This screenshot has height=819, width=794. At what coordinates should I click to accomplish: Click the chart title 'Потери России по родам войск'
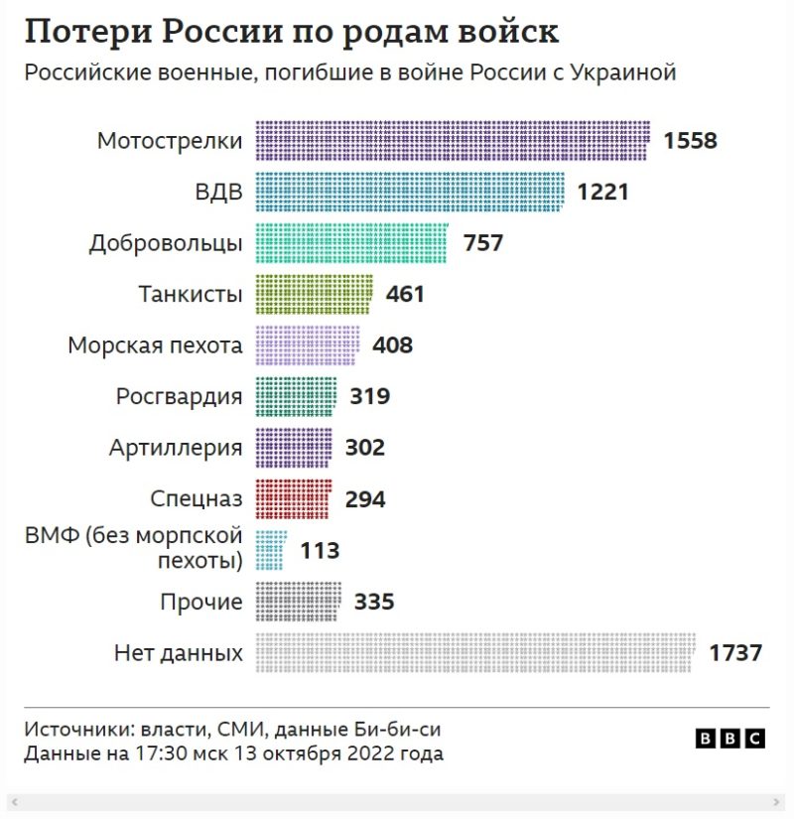tap(291, 32)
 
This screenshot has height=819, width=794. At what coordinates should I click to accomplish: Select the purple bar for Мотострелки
tap(453, 140)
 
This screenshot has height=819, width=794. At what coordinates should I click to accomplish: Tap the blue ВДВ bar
tap(410, 192)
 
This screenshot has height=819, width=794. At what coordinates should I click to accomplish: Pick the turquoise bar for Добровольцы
tap(351, 243)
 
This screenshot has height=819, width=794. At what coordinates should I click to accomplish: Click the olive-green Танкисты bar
tap(315, 294)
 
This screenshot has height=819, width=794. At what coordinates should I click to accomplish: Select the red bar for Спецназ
tap(294, 499)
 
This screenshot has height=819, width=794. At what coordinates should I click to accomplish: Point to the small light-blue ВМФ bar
tap(271, 550)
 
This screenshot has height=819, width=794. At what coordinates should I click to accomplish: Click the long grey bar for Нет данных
tap(475, 653)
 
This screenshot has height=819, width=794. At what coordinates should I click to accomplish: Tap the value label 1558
tap(690, 141)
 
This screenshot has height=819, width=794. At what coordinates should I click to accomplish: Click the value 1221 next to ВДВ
tap(603, 192)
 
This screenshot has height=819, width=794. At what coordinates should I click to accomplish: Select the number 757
tap(483, 243)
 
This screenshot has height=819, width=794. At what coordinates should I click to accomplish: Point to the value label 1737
tap(735, 653)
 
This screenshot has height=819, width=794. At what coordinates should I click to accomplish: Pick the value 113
tap(320, 550)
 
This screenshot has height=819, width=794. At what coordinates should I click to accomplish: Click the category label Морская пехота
tap(155, 345)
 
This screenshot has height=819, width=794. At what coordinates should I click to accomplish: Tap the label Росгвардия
tap(179, 397)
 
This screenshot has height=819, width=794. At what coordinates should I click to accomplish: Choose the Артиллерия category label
tap(176, 448)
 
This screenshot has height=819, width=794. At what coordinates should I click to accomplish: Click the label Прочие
tap(200, 602)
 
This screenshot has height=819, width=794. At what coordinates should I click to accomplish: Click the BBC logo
tap(730, 739)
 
